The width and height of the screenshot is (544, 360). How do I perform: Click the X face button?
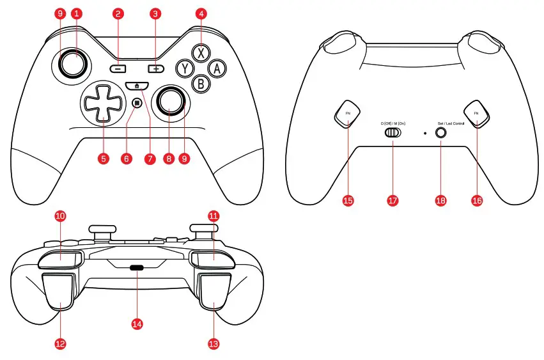[x=201, y=52]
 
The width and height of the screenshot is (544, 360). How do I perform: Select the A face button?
[x=217, y=68]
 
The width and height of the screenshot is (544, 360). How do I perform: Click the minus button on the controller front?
[x=118, y=68]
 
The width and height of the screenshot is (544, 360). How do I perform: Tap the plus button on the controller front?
[x=155, y=68]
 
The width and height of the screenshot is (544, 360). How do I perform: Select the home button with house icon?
[x=137, y=86]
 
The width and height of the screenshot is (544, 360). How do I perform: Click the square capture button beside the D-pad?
[x=137, y=102]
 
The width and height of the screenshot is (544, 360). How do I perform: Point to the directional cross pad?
[x=101, y=104]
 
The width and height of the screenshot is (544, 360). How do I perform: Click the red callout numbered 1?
[x=77, y=13]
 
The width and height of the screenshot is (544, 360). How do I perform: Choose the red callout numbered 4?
[x=201, y=13]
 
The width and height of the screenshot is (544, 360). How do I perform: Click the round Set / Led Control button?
[x=441, y=133]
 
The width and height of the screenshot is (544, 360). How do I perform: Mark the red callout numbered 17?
[x=392, y=200]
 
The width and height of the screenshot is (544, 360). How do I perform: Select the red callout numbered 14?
[x=137, y=324]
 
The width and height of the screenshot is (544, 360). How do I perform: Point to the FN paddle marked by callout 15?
[x=348, y=113]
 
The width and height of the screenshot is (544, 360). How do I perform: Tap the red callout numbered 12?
[x=61, y=343]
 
